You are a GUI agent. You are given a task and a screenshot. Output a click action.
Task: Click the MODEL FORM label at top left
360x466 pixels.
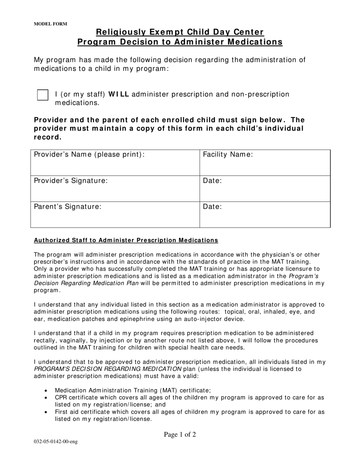(50, 24)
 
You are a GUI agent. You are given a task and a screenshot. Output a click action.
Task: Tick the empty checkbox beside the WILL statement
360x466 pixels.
(43, 95)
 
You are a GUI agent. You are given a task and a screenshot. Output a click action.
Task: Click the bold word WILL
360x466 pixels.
(119, 94)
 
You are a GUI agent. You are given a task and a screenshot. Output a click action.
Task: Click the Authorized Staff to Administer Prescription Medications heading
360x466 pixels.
(126, 240)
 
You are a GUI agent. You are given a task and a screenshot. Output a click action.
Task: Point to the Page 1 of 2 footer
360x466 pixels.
(180, 435)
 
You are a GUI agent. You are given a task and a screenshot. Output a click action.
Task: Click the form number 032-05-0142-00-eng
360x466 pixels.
(56, 442)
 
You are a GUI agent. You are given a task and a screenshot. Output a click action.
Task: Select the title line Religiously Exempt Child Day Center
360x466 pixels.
(180, 32)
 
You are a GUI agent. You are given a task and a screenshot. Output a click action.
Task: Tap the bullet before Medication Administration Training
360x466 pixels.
(46, 391)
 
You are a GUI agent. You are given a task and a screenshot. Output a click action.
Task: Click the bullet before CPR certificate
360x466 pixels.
(46, 398)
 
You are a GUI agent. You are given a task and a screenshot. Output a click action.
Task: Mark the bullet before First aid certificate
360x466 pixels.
(46, 412)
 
